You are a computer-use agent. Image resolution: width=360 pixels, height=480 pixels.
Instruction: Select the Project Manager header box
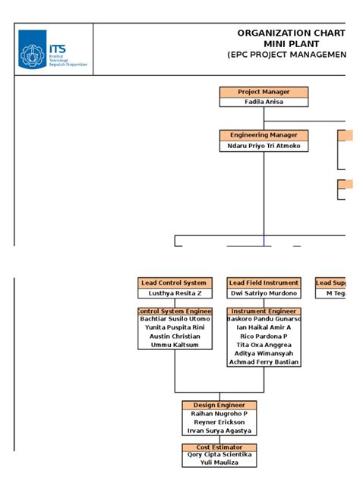[264, 92]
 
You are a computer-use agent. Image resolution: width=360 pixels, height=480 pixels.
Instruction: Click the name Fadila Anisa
[264, 103]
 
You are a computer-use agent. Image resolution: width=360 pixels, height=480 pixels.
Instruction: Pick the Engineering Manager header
[264, 135]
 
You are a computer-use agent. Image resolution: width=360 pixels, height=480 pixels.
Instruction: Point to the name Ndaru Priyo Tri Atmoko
[264, 146]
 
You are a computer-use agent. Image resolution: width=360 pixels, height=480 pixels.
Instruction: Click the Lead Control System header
[175, 283]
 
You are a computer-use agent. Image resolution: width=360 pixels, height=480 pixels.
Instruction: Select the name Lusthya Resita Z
[175, 293]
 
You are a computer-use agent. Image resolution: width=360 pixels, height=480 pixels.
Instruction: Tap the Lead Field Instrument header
[264, 283]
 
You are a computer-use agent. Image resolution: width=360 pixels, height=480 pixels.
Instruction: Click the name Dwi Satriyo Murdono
[264, 293]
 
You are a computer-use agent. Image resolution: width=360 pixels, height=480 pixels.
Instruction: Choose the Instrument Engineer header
[264, 311]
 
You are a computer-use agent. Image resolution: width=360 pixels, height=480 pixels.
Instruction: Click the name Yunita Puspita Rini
[175, 327]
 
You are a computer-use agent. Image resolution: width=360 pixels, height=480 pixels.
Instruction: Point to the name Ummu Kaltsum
[175, 344]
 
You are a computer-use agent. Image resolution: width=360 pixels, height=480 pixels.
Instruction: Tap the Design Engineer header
[219, 405]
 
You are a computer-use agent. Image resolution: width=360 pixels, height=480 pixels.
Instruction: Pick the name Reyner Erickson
[219, 422]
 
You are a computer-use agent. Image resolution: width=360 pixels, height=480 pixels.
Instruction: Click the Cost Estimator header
[219, 447]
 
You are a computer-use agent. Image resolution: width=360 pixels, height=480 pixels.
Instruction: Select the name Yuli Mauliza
[219, 462]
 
